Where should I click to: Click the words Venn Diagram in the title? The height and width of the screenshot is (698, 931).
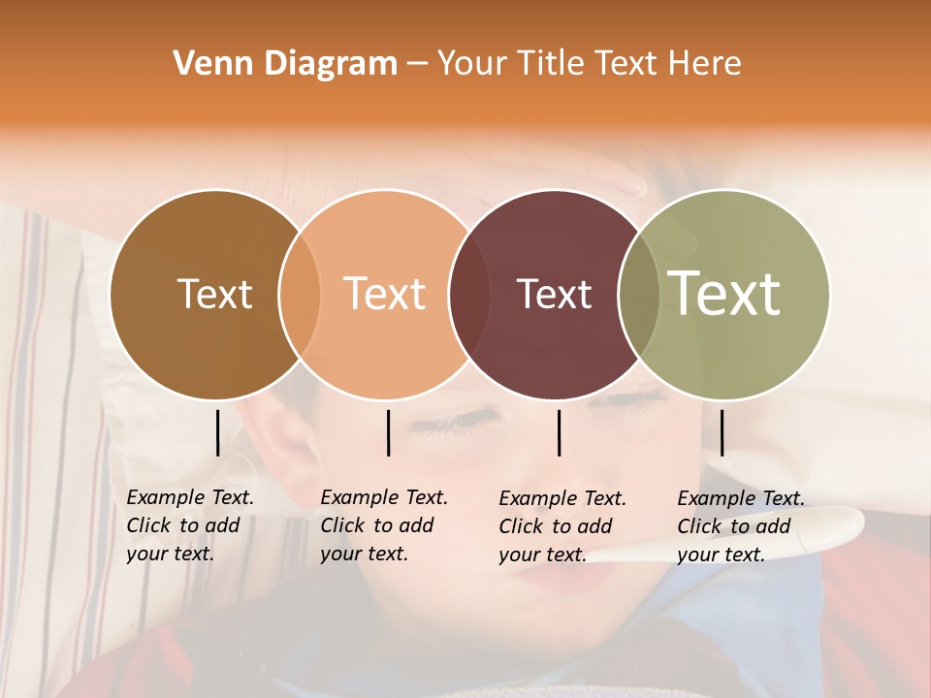click(285, 64)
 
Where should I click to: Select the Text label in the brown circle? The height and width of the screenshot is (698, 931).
click(214, 295)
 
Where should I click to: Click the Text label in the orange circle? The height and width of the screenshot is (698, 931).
click(385, 295)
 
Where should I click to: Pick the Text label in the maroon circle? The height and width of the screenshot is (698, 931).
click(554, 295)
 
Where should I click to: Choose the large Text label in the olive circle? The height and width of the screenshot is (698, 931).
click(724, 293)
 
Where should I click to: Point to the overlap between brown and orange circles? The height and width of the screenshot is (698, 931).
click(300, 295)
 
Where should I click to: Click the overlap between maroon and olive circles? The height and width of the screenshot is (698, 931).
click(639, 295)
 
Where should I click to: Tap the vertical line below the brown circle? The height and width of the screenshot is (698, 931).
click(218, 432)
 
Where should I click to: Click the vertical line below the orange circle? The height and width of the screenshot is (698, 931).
click(388, 432)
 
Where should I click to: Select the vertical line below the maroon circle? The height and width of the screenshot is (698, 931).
click(560, 432)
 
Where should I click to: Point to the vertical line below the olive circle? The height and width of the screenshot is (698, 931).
click(722, 432)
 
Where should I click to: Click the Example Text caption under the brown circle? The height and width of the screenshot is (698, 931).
click(189, 525)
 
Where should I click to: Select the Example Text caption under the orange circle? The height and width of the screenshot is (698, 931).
click(383, 525)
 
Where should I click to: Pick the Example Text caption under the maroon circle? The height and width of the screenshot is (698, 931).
click(562, 526)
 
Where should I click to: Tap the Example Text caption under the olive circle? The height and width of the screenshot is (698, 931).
click(740, 526)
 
